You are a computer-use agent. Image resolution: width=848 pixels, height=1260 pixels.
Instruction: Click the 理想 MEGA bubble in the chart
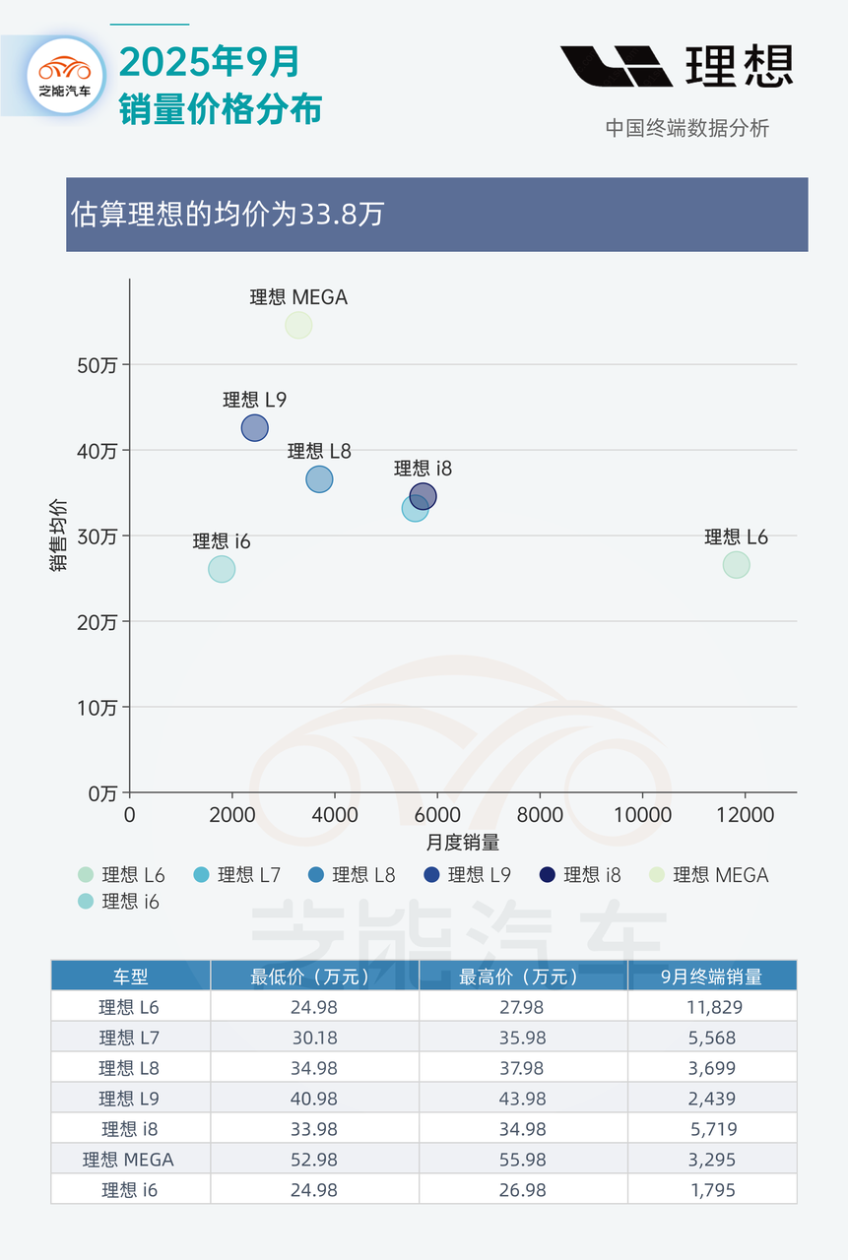click(298, 325)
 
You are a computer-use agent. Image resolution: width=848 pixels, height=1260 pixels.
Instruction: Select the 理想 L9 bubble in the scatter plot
click(254, 428)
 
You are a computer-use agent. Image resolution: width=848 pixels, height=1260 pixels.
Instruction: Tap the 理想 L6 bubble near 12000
click(736, 565)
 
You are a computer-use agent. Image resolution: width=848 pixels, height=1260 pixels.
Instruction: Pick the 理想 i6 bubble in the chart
click(222, 569)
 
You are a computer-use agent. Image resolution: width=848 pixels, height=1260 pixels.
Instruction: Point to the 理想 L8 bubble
click(319, 479)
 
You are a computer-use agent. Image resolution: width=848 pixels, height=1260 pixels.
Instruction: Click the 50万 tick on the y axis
click(98, 365)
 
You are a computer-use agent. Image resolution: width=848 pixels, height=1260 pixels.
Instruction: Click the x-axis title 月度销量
click(462, 843)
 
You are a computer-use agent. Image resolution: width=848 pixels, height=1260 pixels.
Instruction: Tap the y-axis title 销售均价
click(58, 535)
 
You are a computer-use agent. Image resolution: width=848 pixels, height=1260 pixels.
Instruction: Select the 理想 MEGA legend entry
click(709, 874)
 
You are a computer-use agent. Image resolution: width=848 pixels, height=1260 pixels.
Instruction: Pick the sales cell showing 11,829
click(711, 1007)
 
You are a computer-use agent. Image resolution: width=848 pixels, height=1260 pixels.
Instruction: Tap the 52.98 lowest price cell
click(314, 1160)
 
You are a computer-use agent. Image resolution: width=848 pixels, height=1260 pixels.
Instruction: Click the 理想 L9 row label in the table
click(130, 1099)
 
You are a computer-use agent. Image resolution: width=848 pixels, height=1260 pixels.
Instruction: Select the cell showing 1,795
click(711, 1190)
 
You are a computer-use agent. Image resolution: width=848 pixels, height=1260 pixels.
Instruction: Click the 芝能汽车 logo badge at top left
click(65, 77)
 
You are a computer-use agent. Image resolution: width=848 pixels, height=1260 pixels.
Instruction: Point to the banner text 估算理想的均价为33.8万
click(228, 215)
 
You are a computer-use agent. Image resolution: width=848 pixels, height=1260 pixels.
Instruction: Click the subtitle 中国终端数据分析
click(686, 128)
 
